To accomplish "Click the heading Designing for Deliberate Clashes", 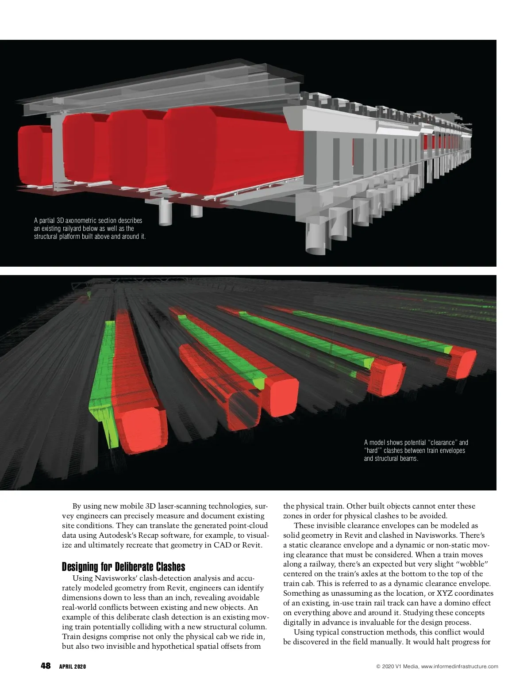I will (123, 567).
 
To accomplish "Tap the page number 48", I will (46, 666).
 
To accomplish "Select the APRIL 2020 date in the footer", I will (73, 667).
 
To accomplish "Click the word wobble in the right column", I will (472, 564).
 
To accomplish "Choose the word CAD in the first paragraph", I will (223, 545).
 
